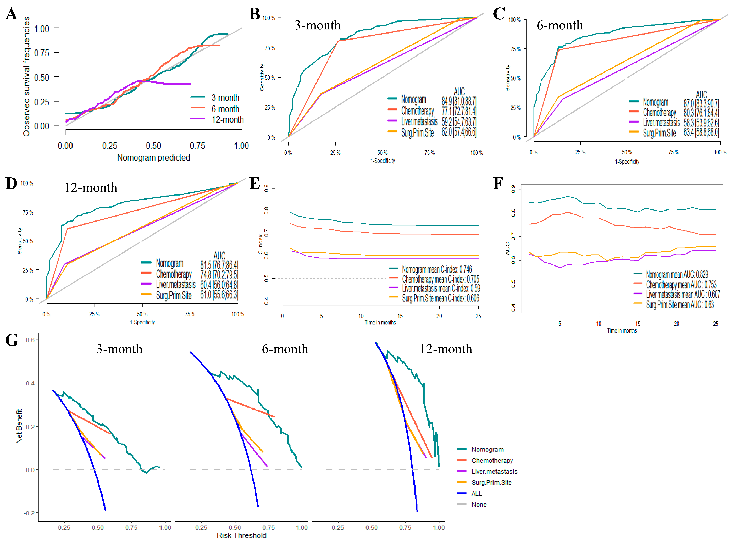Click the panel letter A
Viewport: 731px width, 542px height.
(x=12, y=14)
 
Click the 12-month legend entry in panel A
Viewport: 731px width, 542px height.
(x=227, y=120)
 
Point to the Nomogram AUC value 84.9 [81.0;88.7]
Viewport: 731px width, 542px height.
(x=459, y=101)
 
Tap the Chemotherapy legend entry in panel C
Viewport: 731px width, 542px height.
(x=659, y=113)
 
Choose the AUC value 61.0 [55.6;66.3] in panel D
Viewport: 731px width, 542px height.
(x=219, y=295)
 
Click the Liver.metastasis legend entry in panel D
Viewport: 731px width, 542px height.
(x=175, y=284)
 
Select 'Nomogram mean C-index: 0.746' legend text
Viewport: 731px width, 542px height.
(x=437, y=269)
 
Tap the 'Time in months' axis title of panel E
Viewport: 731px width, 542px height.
(x=380, y=323)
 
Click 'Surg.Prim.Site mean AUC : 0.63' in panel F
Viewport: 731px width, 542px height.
(x=680, y=305)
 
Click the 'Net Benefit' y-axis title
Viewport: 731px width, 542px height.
(x=19, y=426)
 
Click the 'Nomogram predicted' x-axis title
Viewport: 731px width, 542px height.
(x=154, y=158)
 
